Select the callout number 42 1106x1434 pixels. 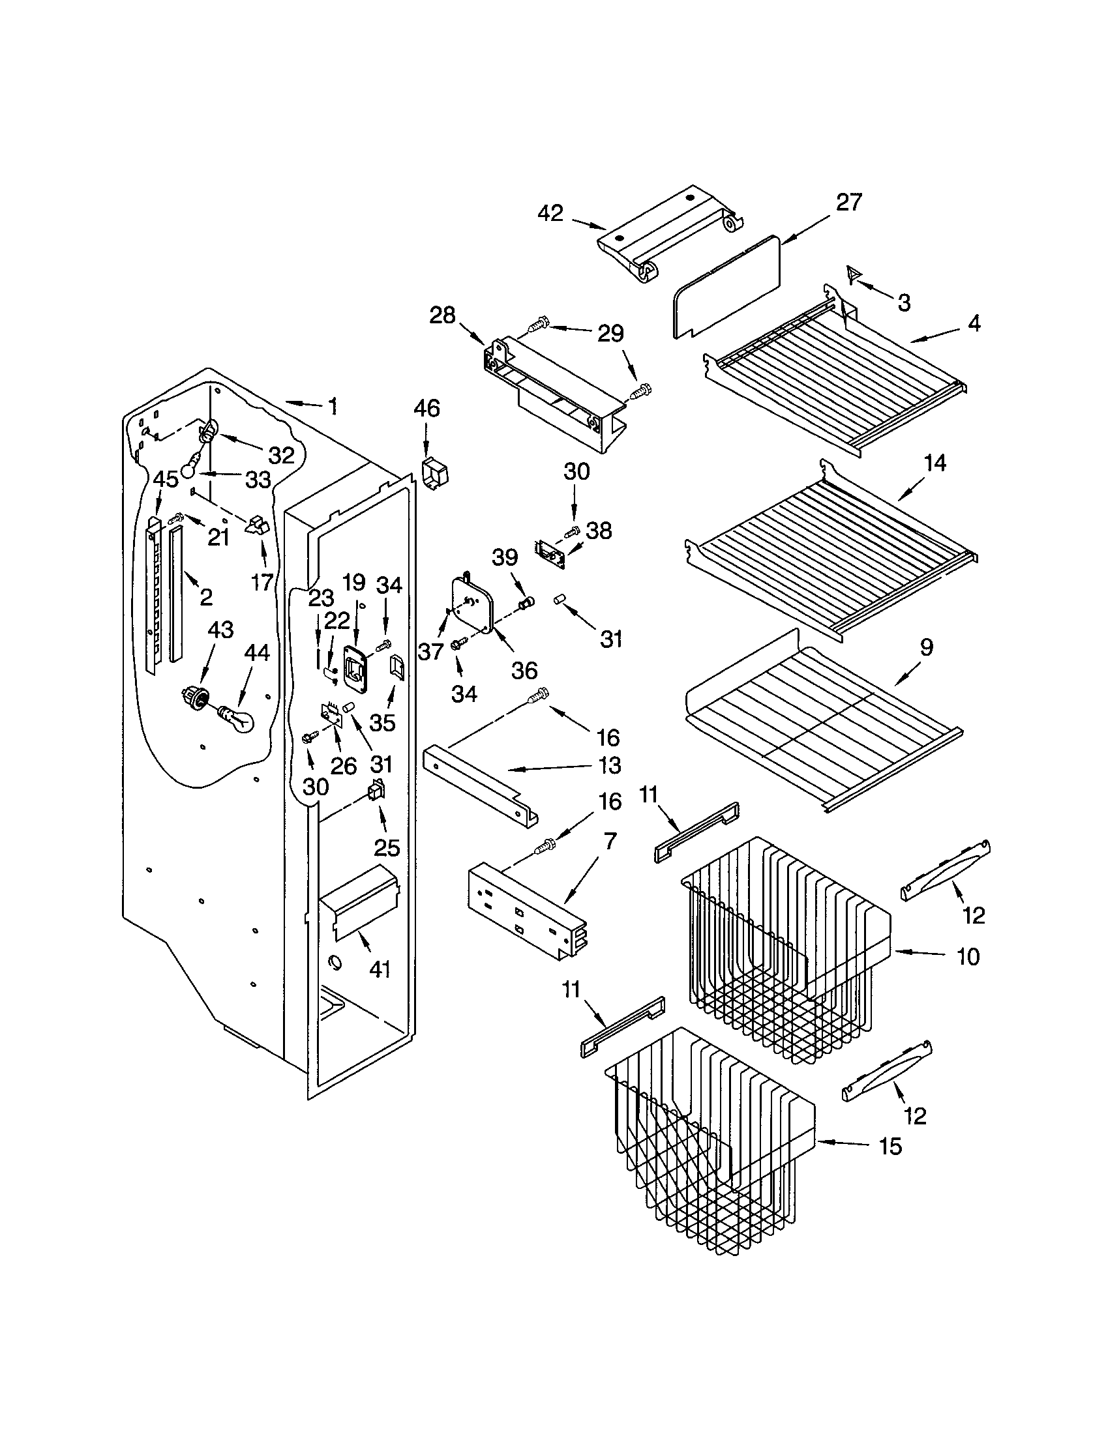coord(550,213)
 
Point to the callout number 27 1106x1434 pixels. coord(848,202)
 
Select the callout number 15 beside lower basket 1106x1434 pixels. coord(891,1147)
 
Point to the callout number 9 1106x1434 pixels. coord(926,648)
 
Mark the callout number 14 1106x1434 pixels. coord(935,463)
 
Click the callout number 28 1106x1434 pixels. coord(442,315)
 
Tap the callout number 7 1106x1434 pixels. coord(610,840)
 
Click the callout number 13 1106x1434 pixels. coord(610,766)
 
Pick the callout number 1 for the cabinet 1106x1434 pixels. coord(333,407)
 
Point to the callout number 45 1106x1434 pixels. coord(166,479)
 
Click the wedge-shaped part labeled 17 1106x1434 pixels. coord(258,527)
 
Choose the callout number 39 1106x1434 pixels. coord(505,557)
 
